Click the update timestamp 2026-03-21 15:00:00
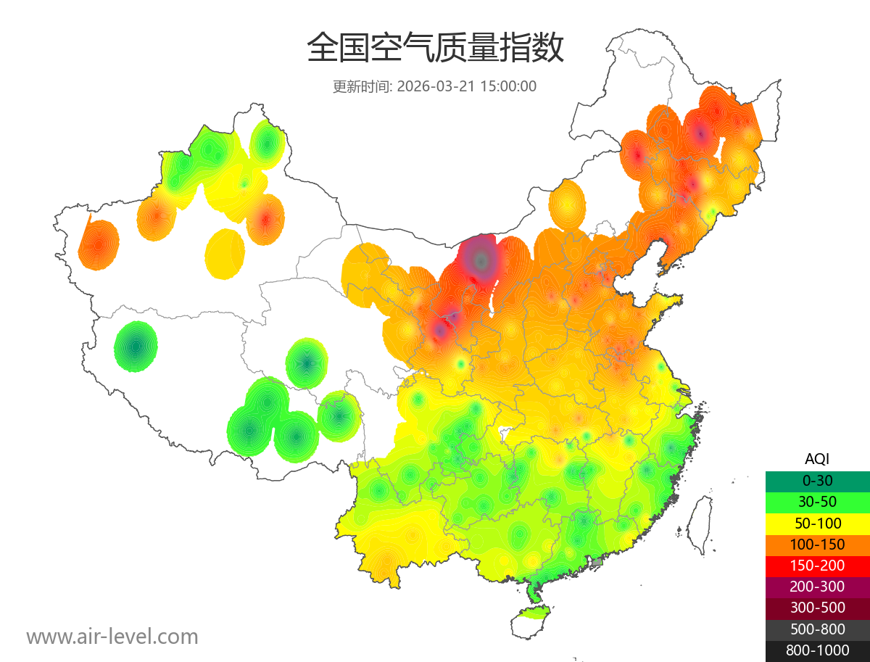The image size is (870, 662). click(x=467, y=86)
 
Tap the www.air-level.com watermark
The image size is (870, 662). click(x=112, y=637)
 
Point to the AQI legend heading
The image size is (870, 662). click(x=817, y=458)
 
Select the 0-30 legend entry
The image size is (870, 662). click(x=817, y=480)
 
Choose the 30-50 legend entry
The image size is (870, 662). click(x=817, y=501)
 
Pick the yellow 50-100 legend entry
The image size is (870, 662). click(x=817, y=523)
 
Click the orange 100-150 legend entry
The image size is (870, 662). click(x=817, y=544)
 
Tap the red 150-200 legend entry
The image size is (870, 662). click(x=817, y=565)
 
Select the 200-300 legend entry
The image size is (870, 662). click(x=817, y=586)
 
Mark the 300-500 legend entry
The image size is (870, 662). click(x=817, y=608)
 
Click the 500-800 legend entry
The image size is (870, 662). click(x=817, y=629)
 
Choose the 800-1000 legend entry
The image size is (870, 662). click(x=817, y=650)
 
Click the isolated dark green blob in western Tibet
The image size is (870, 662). click(x=136, y=347)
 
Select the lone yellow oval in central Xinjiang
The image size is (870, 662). click(x=225, y=254)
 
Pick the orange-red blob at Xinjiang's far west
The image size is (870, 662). click(x=99, y=245)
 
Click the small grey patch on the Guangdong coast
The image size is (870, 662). click(x=597, y=562)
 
